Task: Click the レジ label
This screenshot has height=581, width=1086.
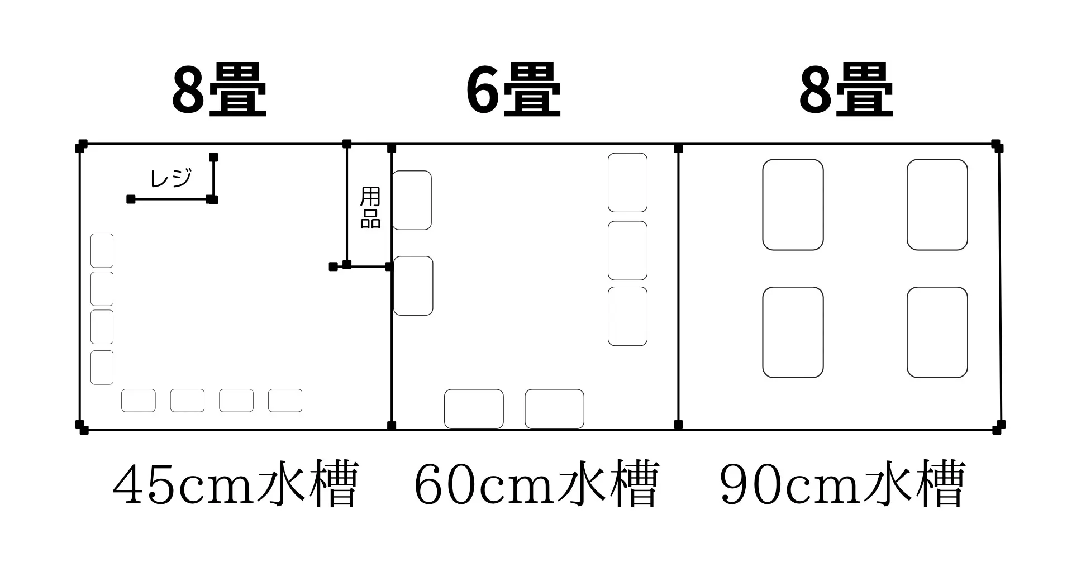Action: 171,178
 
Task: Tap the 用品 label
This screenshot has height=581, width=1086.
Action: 370,208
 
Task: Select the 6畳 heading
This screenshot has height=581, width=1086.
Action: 513,91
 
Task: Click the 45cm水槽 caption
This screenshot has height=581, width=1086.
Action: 235,484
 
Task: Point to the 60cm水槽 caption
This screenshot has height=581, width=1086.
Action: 536,484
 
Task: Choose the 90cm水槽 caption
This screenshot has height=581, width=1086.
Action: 842,484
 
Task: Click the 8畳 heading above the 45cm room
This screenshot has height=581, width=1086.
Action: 219,91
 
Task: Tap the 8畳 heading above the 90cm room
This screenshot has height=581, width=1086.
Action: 846,91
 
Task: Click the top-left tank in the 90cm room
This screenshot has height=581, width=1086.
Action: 793,204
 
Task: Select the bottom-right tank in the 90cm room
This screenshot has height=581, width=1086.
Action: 937,332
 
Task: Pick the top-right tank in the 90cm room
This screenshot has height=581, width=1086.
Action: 937,204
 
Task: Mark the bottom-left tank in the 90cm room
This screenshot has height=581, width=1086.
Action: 793,332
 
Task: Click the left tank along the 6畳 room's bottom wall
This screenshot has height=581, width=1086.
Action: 474,409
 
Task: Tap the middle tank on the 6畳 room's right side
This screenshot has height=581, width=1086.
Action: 627,250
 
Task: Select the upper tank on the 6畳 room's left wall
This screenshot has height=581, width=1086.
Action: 412,200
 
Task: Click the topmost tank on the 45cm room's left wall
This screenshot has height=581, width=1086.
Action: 102,250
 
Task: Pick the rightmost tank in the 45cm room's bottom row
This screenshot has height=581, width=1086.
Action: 285,401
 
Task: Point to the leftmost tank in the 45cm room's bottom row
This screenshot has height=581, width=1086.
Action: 139,401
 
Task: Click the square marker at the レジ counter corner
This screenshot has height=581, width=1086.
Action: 212,199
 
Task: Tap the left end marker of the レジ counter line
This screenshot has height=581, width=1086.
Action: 131,199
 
